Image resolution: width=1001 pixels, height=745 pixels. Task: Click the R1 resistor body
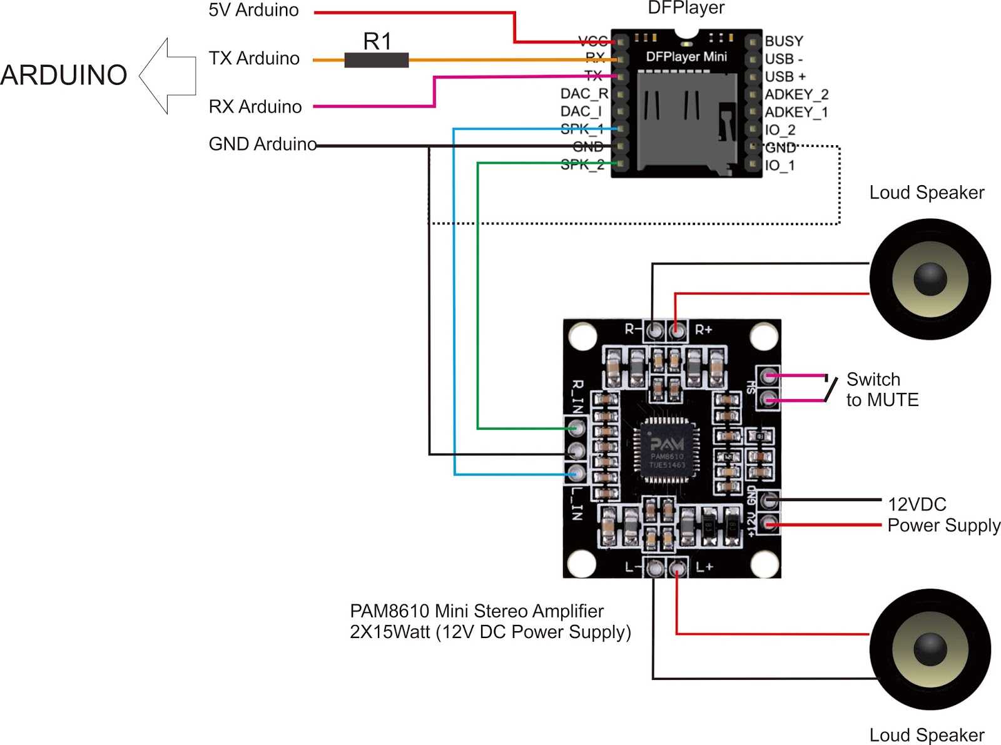(376, 60)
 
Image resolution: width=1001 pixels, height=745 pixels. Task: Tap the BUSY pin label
(783, 41)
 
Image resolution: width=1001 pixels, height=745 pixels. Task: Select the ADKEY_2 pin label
(796, 94)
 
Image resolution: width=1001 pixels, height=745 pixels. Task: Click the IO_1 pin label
(780, 166)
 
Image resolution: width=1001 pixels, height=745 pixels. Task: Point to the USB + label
(785, 77)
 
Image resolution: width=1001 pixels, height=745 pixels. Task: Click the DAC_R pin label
(584, 94)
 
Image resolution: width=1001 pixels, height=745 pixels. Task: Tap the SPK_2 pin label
(582, 165)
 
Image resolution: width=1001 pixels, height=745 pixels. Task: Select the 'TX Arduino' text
(254, 58)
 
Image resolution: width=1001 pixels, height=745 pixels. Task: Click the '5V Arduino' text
(253, 10)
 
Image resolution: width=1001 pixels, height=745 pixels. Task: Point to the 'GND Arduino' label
(262, 144)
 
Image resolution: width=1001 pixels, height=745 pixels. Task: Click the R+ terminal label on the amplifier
(703, 330)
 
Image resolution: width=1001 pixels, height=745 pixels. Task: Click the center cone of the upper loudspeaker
(930, 279)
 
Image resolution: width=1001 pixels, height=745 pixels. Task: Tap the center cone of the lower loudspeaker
(930, 649)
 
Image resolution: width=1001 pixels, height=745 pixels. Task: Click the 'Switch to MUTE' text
(882, 389)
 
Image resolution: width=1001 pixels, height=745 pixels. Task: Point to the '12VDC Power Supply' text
(943, 515)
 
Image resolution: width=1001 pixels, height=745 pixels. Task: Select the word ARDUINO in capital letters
(64, 75)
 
